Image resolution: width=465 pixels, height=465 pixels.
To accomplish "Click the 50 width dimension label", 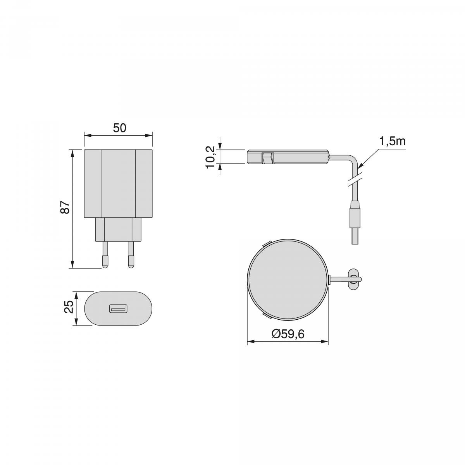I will (119, 128).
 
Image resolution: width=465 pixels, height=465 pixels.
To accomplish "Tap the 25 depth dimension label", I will (69, 308).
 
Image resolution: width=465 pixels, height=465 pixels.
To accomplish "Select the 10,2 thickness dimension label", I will (210, 156).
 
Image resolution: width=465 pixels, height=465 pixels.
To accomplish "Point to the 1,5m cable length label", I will (392, 141).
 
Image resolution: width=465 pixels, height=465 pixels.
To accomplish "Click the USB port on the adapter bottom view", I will (118, 309).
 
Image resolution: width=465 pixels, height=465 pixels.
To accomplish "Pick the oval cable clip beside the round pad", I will (353, 279).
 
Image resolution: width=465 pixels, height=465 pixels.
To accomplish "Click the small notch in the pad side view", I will (267, 158).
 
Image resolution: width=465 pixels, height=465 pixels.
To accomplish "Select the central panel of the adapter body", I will (118, 183).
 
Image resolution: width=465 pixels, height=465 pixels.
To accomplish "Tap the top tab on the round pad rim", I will (265, 244).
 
